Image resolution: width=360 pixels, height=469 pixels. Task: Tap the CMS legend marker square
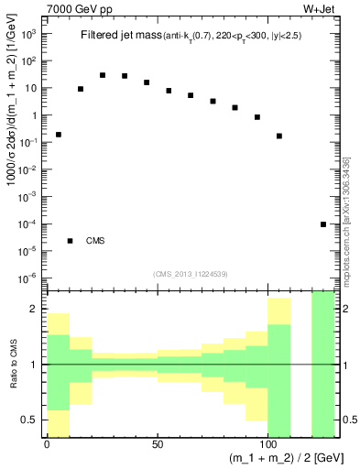70,241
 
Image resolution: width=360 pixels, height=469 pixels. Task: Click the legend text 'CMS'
95,241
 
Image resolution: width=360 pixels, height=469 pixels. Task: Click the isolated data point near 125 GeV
323,224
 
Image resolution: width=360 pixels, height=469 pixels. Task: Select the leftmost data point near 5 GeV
59,135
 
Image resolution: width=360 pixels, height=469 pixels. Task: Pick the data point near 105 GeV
279,136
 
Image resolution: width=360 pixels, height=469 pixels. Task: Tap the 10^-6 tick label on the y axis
28,278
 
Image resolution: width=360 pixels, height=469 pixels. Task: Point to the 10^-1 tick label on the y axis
28,142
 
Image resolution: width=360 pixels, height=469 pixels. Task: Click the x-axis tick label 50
158,443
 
